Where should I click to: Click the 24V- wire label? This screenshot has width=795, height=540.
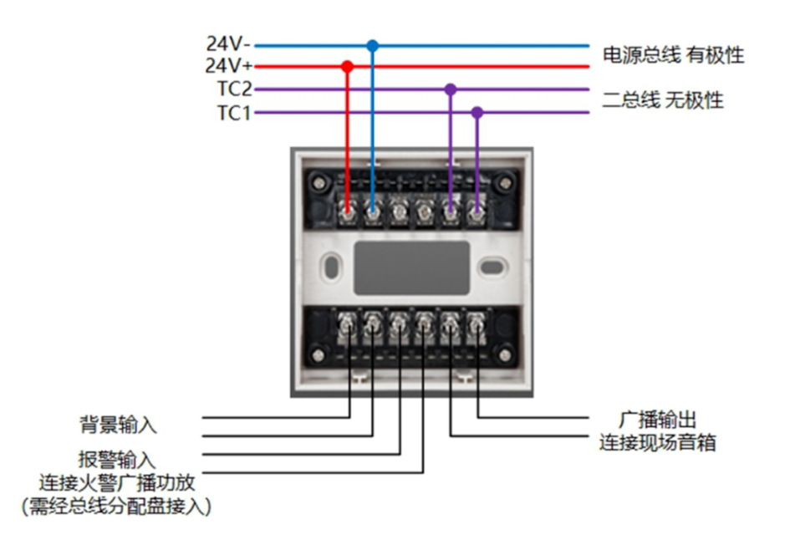point(228,44)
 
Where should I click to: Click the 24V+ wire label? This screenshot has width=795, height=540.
point(229,65)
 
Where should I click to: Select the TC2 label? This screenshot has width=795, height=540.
point(234,89)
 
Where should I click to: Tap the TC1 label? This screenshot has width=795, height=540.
point(234,113)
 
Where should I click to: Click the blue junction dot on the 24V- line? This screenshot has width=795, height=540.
point(373,46)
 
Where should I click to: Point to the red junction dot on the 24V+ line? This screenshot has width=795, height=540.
point(347,66)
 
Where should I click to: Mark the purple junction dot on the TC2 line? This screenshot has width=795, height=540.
point(451,89)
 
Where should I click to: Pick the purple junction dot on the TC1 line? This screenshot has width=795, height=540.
point(477,112)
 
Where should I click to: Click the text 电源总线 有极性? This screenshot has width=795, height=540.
point(673,55)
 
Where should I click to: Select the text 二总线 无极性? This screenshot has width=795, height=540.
point(663,99)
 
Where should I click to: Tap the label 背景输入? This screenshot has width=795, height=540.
point(118,425)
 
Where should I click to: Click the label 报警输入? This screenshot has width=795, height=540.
point(117,460)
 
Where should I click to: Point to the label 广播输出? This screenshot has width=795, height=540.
point(658,420)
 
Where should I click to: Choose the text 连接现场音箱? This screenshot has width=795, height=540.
point(658,442)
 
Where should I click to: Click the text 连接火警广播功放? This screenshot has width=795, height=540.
point(117,482)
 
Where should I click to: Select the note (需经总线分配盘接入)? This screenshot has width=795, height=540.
point(116,506)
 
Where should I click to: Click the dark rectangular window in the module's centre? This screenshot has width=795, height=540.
point(411,267)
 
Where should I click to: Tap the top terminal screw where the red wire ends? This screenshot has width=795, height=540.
point(347,213)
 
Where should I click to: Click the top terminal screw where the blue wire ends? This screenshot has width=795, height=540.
point(373,213)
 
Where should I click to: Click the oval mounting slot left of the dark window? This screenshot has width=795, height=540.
point(331,267)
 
